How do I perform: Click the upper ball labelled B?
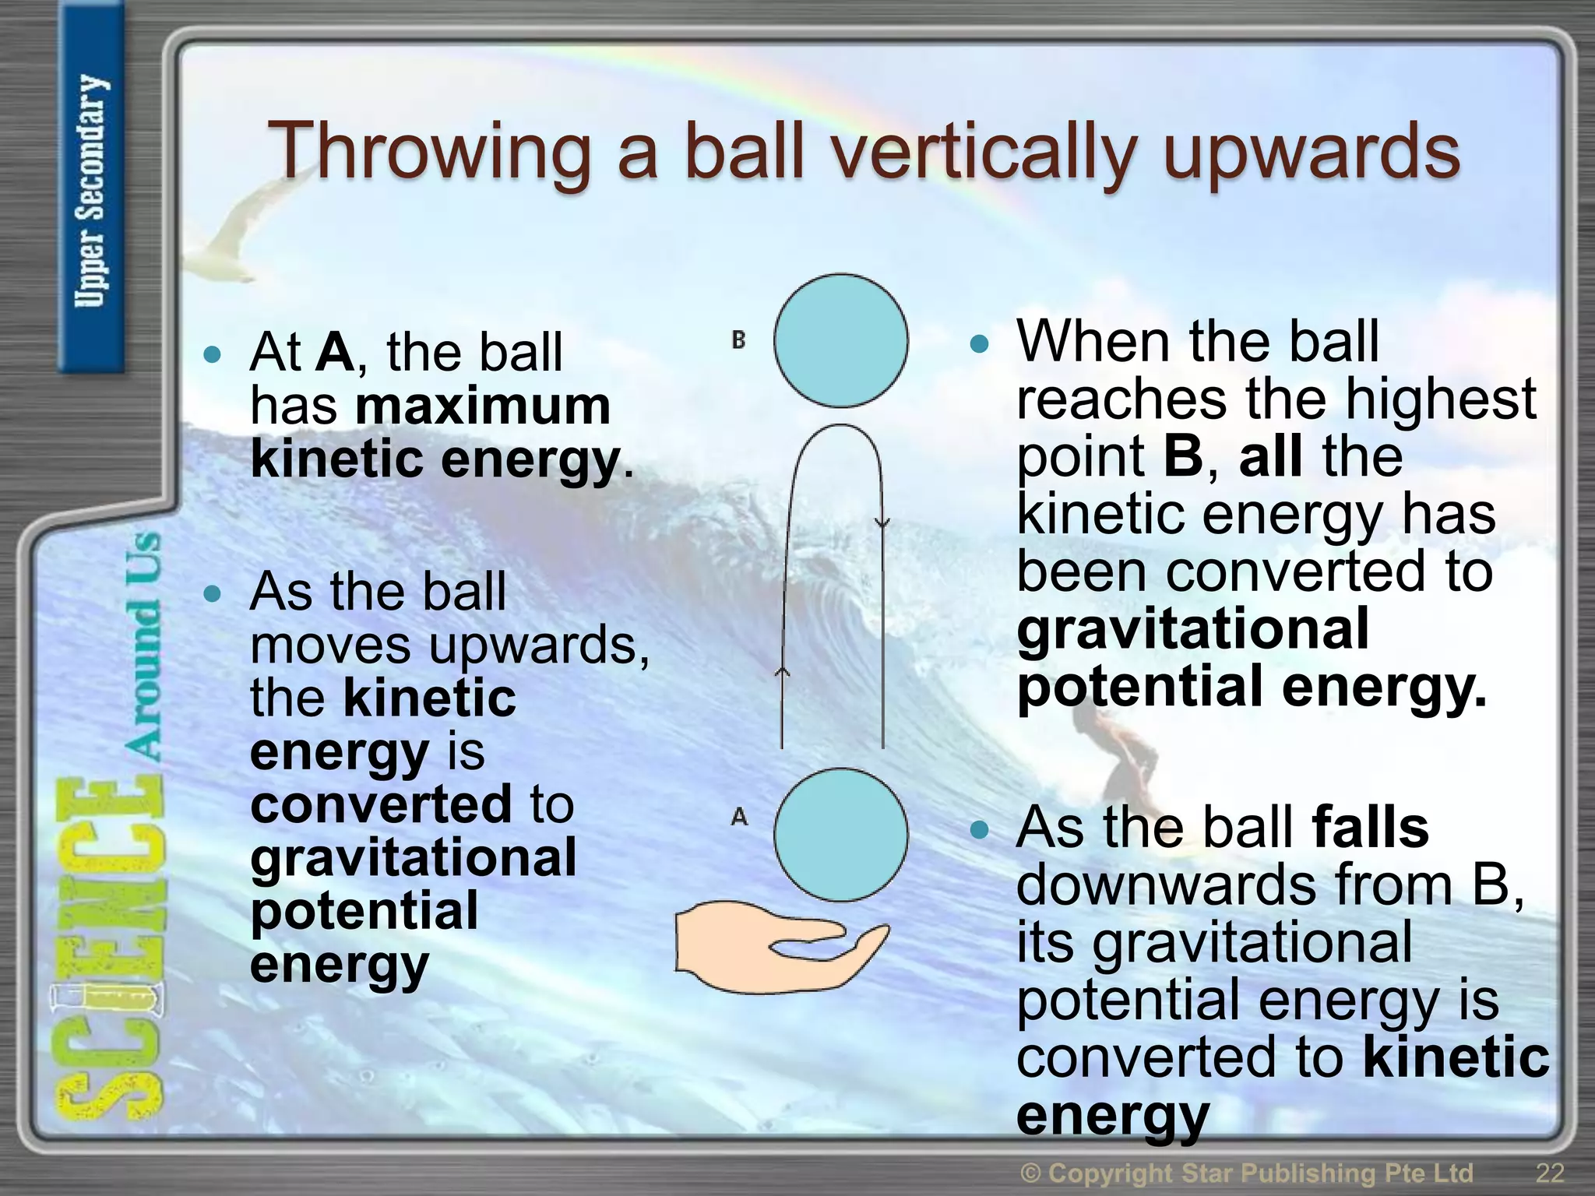click(840, 340)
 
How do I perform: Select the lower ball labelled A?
click(840, 835)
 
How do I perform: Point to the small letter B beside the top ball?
click(738, 339)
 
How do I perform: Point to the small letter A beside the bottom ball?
click(739, 817)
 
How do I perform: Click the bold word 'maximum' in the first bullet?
click(483, 406)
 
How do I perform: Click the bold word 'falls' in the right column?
click(1370, 827)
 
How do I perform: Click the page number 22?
click(1550, 1172)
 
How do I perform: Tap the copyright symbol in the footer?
click(1030, 1173)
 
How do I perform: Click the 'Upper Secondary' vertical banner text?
click(91, 191)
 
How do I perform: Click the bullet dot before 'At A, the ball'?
click(211, 355)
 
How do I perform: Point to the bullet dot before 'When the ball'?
click(979, 343)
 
